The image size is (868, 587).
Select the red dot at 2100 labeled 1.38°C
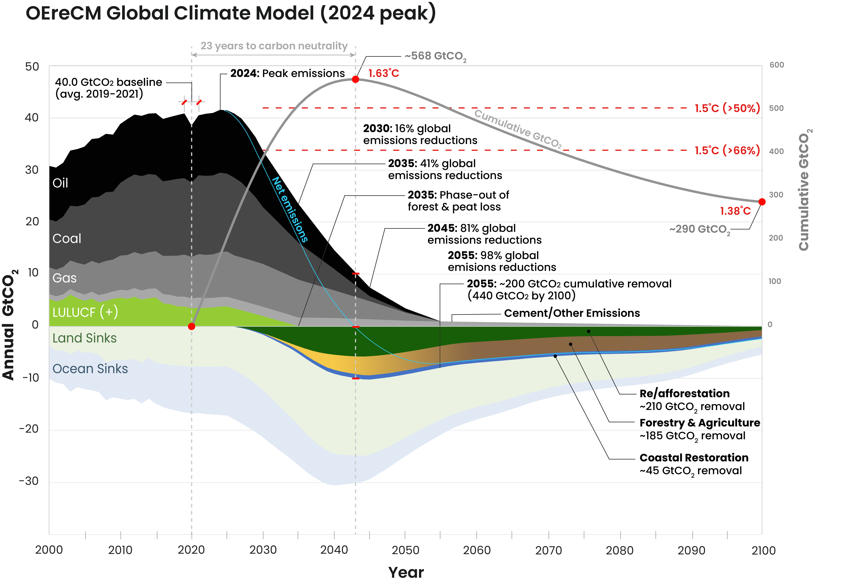tap(762, 202)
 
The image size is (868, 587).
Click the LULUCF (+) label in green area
tap(85, 312)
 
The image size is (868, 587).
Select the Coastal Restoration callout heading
tap(694, 458)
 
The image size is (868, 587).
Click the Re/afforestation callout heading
tap(684, 394)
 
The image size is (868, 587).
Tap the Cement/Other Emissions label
tap(572, 313)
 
